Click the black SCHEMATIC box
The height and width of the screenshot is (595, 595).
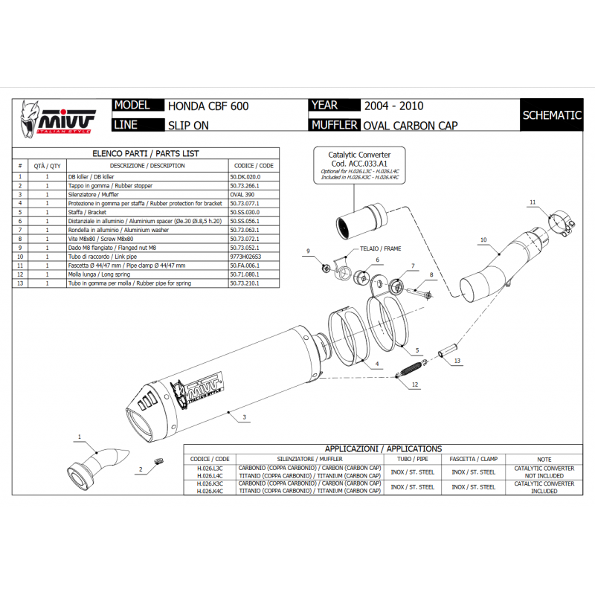pyautogui.click(x=551, y=115)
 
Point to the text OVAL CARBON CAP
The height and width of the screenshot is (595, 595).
pyautogui.click(x=410, y=125)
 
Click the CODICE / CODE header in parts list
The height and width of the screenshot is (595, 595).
pyautogui.click(x=254, y=166)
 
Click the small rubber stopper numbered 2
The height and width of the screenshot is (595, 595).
pyautogui.click(x=157, y=463)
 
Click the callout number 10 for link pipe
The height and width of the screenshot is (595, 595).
pyautogui.click(x=483, y=240)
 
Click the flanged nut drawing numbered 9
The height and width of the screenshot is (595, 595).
pyautogui.click(x=324, y=268)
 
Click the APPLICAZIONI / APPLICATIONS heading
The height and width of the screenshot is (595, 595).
pyautogui.click(x=383, y=449)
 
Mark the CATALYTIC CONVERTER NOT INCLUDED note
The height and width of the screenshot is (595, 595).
pyautogui.click(x=544, y=472)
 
